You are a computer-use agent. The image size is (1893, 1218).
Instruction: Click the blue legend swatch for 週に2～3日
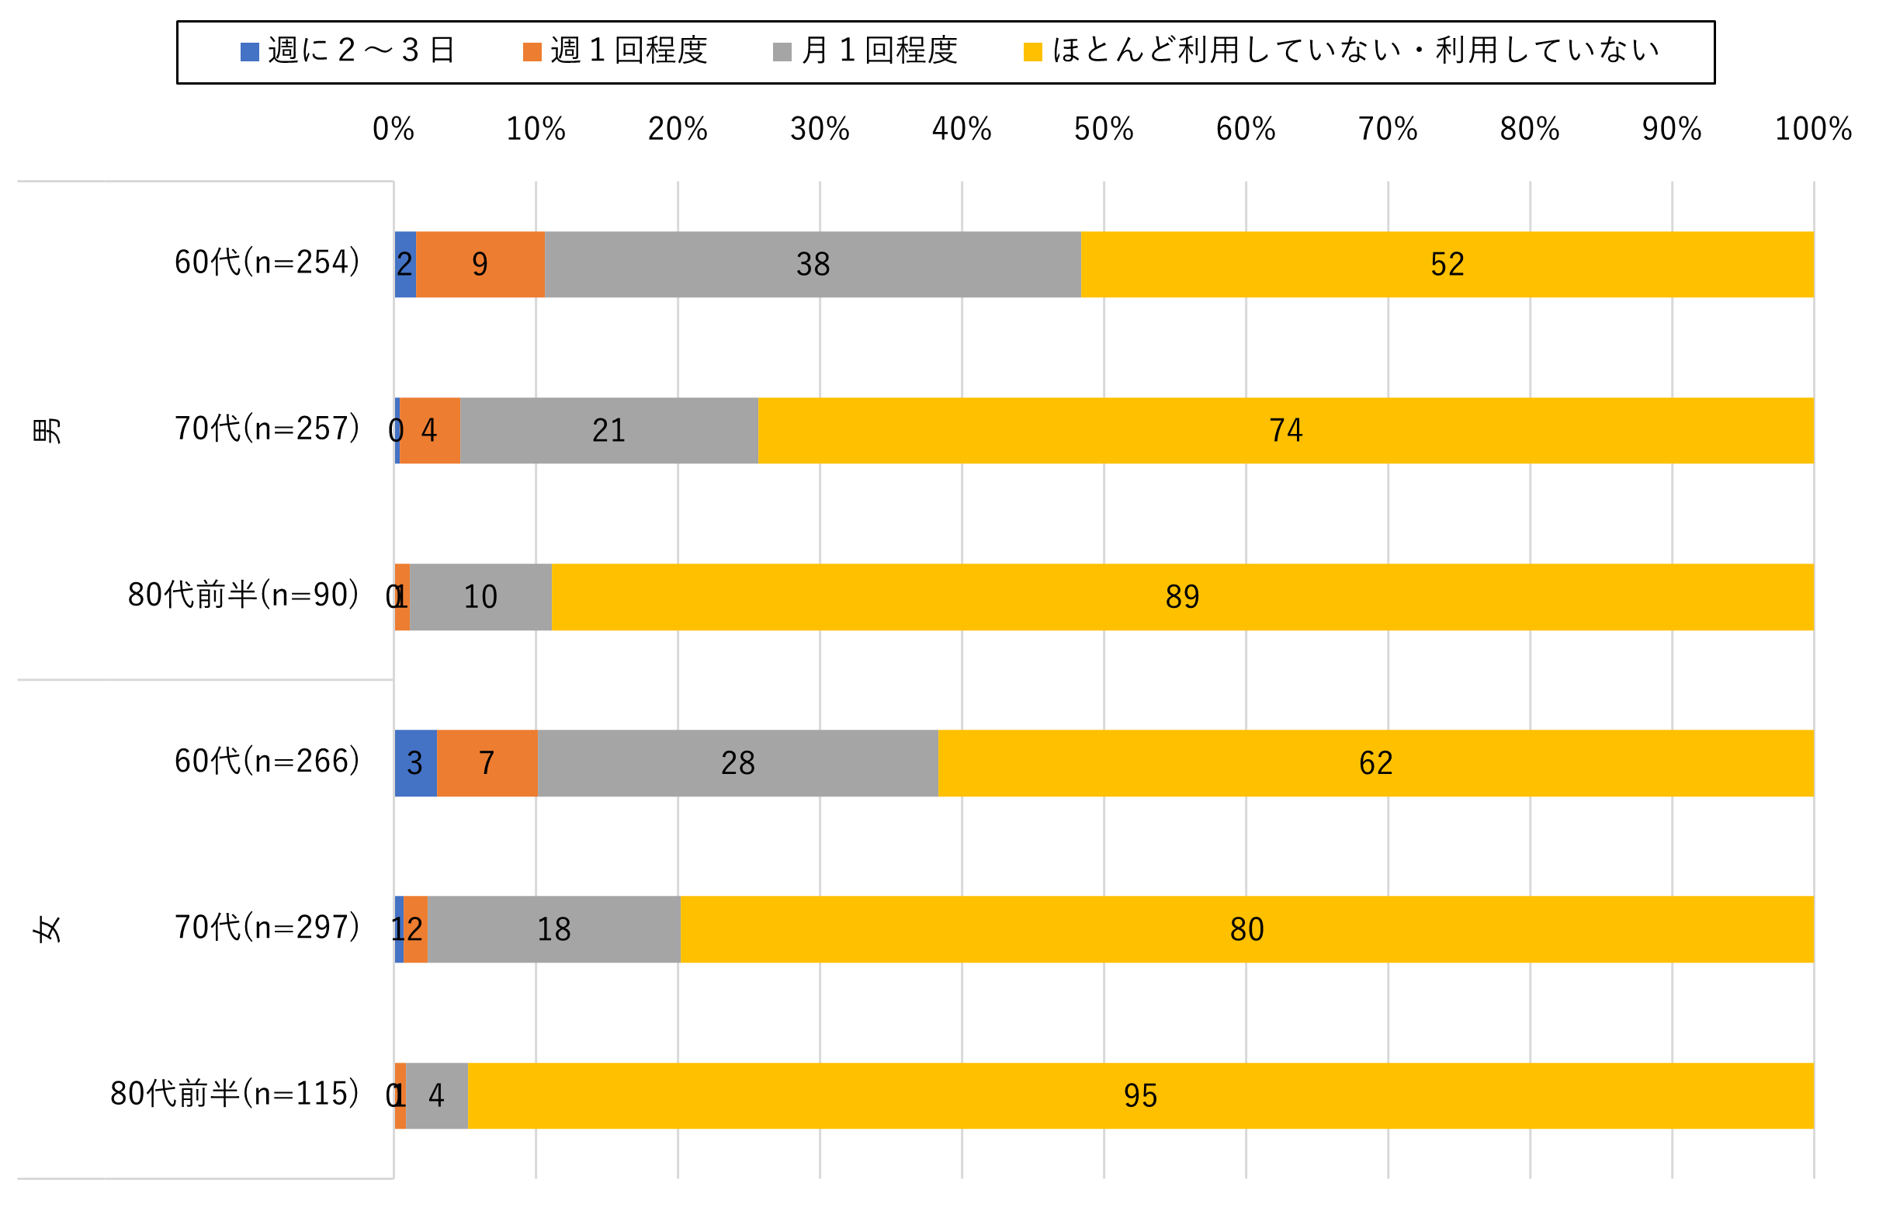click(249, 52)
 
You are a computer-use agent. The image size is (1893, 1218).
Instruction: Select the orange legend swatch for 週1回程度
click(532, 52)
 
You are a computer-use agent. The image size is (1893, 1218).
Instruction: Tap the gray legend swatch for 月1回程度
click(782, 52)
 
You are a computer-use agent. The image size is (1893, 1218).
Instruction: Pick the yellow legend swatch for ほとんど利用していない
click(1033, 52)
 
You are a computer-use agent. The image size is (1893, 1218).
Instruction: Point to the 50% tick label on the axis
click(1103, 129)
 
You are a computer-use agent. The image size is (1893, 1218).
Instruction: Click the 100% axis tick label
click(1812, 129)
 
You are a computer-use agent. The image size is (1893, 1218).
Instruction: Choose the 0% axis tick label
click(393, 129)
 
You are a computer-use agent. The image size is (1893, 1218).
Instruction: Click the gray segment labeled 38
click(812, 264)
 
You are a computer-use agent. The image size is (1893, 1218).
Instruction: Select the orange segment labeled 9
click(480, 264)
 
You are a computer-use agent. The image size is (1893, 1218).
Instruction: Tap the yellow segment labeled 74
click(1285, 430)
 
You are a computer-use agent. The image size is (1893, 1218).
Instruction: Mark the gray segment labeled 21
click(608, 430)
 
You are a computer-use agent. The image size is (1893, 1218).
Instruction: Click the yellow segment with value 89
click(1182, 597)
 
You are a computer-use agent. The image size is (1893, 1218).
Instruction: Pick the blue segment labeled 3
click(415, 763)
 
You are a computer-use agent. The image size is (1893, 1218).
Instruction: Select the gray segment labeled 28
click(737, 763)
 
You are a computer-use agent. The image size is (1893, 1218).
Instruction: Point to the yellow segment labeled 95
click(1140, 1095)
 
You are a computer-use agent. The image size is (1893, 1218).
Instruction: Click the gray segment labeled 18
click(553, 929)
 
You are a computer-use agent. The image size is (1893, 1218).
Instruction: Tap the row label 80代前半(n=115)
click(235, 1094)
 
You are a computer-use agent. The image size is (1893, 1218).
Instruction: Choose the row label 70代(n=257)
click(267, 429)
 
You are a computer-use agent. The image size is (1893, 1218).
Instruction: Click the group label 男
click(47, 430)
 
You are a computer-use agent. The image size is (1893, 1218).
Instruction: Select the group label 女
click(47, 929)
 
